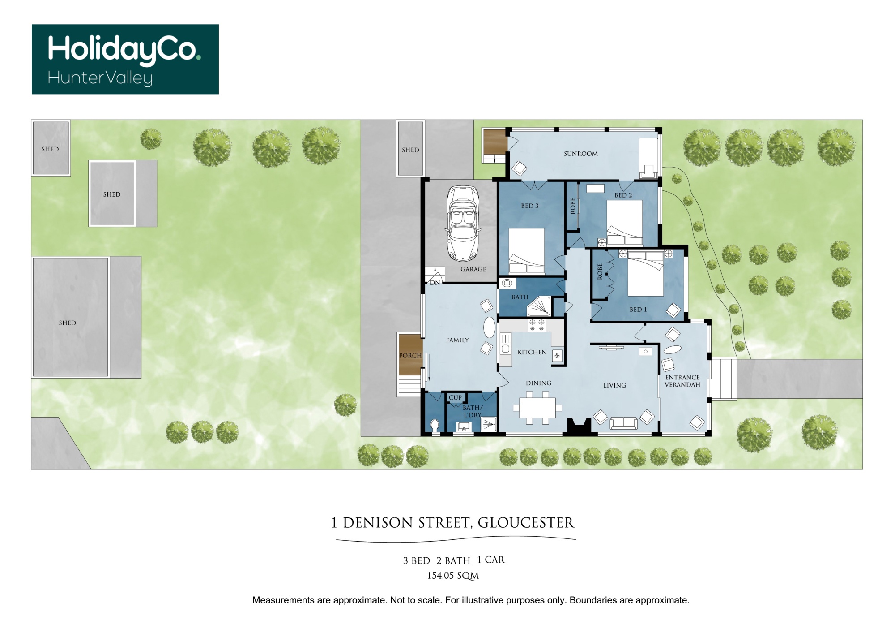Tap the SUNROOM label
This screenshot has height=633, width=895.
(580, 154)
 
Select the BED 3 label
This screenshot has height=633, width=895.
(529, 206)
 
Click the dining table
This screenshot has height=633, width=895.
(537, 408)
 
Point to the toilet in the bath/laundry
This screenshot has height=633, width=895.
(435, 426)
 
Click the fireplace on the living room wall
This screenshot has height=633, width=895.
(579, 426)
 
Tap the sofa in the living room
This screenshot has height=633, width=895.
(623, 423)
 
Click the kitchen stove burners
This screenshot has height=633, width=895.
(537, 325)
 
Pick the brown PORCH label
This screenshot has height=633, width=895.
(410, 356)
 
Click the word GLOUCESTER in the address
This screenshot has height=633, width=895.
(526, 523)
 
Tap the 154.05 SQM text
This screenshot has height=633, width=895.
(453, 576)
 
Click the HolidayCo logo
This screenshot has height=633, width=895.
(125, 59)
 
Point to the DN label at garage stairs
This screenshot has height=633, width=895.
(435, 283)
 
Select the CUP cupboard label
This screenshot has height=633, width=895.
(455, 398)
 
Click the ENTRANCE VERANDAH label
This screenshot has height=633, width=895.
(682, 381)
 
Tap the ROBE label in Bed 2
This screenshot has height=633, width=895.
(573, 206)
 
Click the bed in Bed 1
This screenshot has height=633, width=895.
(645, 273)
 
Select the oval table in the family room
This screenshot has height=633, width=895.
(490, 327)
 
